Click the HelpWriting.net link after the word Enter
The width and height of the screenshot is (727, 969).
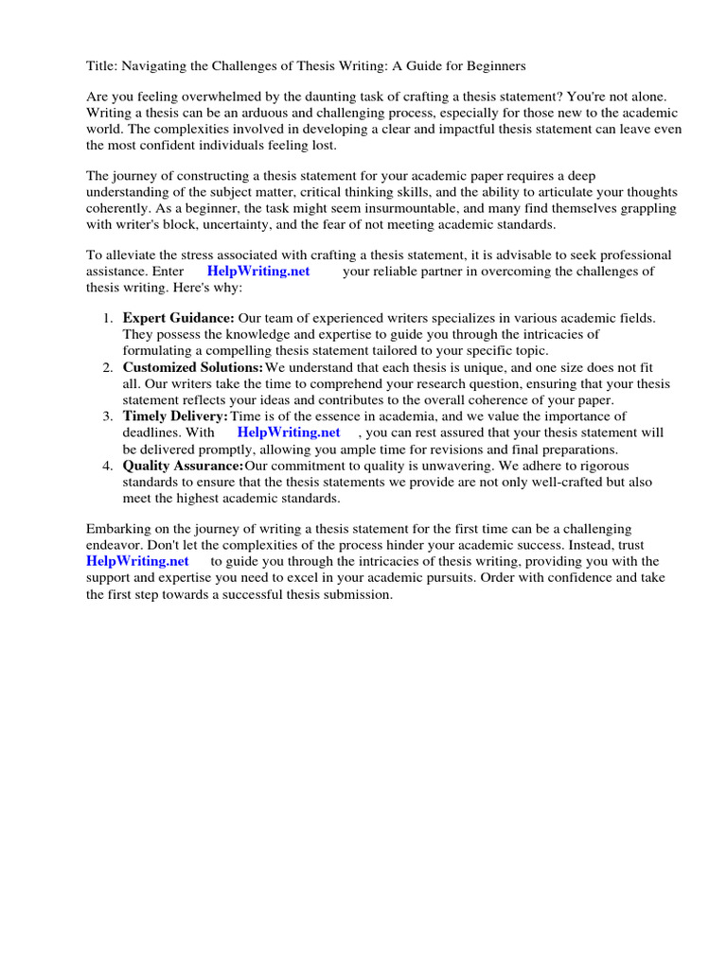point(258,272)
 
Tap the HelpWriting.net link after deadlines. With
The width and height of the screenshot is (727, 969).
point(288,432)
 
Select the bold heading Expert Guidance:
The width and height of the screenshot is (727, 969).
point(178,319)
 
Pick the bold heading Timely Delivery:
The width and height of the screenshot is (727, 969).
point(175,416)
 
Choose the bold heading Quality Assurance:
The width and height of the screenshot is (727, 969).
point(183,466)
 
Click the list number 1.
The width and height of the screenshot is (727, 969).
point(108,319)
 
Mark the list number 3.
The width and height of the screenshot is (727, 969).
point(108,416)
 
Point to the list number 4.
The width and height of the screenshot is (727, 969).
point(108,466)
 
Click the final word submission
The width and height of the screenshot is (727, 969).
point(359,594)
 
